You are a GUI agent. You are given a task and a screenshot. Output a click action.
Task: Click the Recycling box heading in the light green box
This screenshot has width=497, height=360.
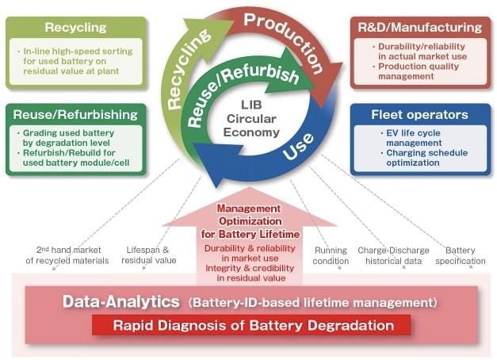75,28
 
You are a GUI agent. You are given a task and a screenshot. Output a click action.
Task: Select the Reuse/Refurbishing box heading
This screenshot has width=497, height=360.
75,115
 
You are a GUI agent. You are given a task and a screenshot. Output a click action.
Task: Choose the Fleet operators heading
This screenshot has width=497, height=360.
419,115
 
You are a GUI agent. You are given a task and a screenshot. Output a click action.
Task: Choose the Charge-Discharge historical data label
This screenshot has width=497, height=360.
393,255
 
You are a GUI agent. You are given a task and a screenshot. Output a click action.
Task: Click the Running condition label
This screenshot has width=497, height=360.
331,255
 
